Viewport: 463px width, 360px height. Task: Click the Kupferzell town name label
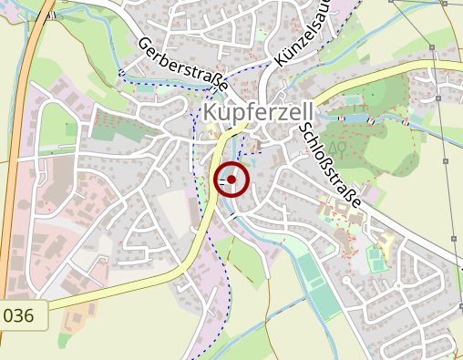click(x=248, y=111)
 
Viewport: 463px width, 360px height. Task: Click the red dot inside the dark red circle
click(x=231, y=180)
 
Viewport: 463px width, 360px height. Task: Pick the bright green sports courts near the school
click(x=376, y=260)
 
